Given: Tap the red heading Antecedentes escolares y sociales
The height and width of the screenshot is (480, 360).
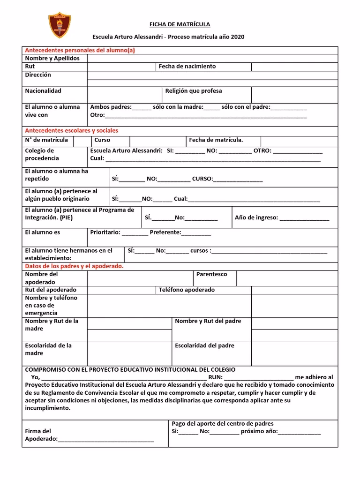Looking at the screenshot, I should tap(71, 130).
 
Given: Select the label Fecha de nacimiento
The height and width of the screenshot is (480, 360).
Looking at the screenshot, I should tap(187, 67).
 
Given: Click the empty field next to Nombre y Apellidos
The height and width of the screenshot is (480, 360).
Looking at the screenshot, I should tap(212, 59).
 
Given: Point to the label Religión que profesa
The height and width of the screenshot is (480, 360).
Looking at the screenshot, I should tap(194, 91).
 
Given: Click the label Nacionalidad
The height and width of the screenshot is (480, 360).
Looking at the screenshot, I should tap(43, 91).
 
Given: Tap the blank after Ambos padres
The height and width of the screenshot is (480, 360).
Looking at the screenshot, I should tap(142, 107).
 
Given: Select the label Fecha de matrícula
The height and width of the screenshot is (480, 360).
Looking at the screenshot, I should tap(216, 140).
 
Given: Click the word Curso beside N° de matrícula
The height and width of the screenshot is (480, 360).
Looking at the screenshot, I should tap(102, 140).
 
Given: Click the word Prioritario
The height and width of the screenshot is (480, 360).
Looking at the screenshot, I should tap(105, 232).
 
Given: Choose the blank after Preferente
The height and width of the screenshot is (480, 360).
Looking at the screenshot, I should tap(196, 233).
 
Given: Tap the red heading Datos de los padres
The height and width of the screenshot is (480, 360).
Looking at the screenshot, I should tap(74, 266).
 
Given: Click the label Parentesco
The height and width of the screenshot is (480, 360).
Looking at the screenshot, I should tap(211, 274).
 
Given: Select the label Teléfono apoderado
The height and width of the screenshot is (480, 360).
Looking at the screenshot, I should tap(187, 290).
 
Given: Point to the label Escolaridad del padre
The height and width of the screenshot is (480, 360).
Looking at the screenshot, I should tap(204, 346).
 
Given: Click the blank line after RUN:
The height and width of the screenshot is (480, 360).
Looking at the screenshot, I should tap(259, 377).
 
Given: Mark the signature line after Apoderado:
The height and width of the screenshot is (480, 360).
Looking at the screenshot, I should tap(105, 440).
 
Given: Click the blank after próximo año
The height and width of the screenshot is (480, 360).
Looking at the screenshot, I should tap(300, 432).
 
